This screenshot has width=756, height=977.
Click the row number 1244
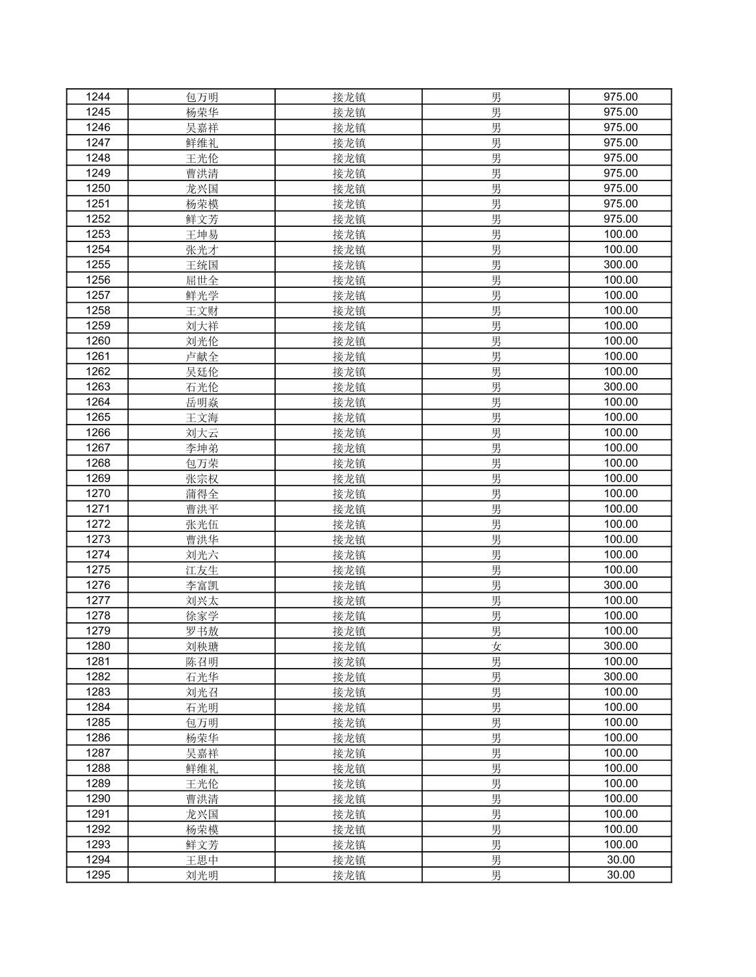(x=97, y=97)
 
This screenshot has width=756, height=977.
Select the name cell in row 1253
(x=202, y=235)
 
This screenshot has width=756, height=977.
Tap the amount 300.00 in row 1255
(x=620, y=265)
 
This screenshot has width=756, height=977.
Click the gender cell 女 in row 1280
(x=496, y=646)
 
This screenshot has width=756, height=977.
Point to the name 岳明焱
(x=202, y=402)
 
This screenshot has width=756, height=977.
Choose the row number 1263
(x=97, y=387)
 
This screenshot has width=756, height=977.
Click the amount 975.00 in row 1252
(x=620, y=219)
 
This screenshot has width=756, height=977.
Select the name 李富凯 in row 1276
(x=202, y=585)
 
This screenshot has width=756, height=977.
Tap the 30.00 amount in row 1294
(x=620, y=860)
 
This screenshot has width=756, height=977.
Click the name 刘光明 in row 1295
(x=202, y=875)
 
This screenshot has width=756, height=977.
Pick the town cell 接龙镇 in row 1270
(x=349, y=494)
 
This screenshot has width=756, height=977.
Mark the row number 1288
(x=97, y=768)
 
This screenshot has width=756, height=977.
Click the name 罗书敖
(x=202, y=631)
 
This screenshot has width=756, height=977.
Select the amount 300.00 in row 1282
(x=620, y=677)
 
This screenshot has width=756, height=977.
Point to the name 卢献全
(x=202, y=356)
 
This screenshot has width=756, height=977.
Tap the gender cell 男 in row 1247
(x=496, y=143)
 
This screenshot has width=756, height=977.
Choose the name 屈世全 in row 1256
(x=202, y=280)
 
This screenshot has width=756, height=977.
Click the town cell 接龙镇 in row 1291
(x=349, y=814)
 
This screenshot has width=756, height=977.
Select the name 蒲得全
(x=202, y=494)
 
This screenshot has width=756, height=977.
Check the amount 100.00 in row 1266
(x=620, y=433)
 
